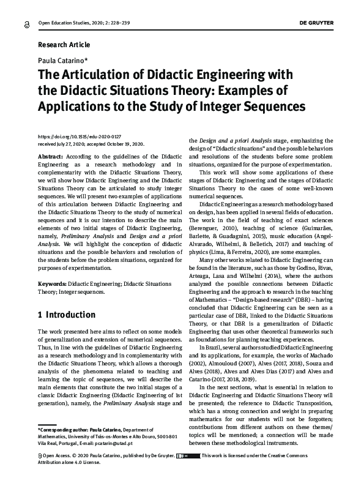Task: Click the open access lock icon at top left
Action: pyautogui.click(x=25, y=24)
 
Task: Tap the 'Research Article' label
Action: pyautogui.click(x=64, y=45)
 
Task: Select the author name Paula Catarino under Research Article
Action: pyautogui.click(x=64, y=60)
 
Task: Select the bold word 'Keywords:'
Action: pyautogui.click(x=52, y=285)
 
